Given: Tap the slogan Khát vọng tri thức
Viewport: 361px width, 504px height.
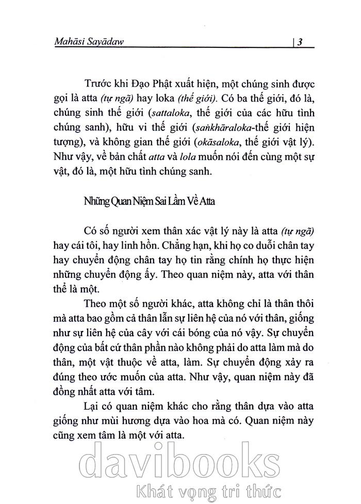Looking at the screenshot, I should tap(225, 488).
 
